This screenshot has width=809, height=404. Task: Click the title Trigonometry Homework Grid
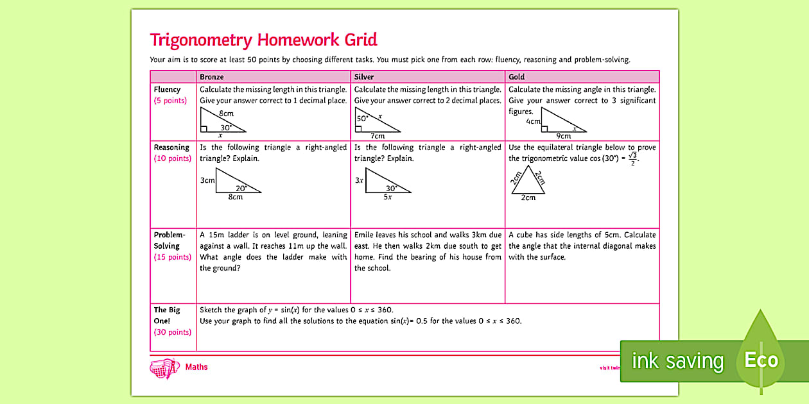pos(263,40)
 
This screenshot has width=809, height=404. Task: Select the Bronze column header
pos(212,77)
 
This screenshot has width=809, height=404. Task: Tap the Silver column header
pos(364,77)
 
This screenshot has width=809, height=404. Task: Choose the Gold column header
pos(516,77)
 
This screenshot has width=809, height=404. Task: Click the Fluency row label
pos(167,90)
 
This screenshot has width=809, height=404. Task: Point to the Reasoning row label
pos(171,147)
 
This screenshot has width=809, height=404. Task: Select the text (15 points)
pos(172,257)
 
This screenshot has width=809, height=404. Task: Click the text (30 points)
pos(172,332)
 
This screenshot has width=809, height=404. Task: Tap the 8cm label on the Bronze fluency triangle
pos(225,114)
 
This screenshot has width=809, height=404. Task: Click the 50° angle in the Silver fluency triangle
pos(363,119)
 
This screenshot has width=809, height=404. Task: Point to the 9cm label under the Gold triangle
pos(563,136)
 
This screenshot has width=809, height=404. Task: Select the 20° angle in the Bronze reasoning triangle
pos(241,188)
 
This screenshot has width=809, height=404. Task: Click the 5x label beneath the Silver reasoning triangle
pos(387,197)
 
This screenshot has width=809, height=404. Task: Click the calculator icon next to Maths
pos(164,368)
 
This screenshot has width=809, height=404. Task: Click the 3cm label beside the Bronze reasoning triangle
pos(207,180)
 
